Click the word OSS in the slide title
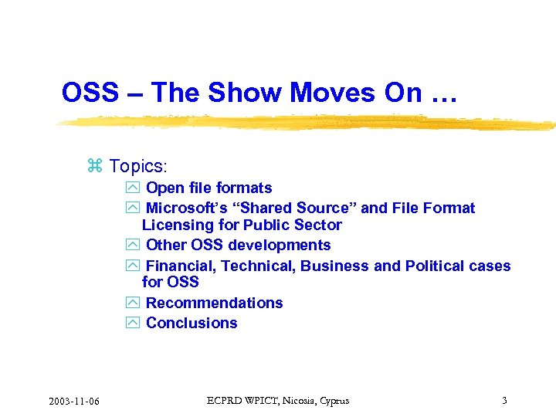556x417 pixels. point(90,93)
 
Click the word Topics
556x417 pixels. point(137,166)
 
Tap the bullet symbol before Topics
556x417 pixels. point(95,166)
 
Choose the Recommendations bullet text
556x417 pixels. point(214,303)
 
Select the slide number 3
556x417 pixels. point(504,400)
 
